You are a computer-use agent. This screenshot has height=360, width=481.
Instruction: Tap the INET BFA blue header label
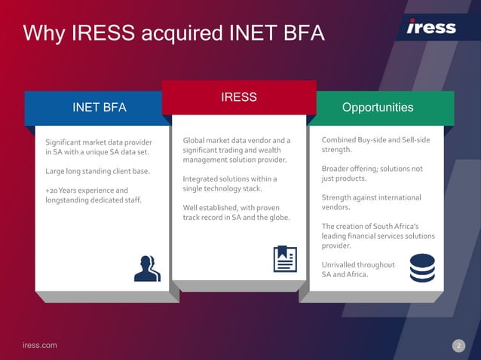[x=99, y=108]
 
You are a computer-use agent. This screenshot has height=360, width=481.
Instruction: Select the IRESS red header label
[x=239, y=97]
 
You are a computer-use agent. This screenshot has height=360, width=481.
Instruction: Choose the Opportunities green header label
[x=378, y=108]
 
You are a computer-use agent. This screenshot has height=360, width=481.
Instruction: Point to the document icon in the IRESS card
[x=284, y=258]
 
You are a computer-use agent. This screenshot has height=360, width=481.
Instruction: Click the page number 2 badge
[x=458, y=346]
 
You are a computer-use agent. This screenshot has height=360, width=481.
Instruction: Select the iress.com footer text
[x=39, y=345]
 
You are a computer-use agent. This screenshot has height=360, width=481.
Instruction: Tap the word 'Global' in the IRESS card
[x=195, y=141]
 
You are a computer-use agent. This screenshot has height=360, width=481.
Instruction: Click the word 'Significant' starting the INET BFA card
[x=66, y=142]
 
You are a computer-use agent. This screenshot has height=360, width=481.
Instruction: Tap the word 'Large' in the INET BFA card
[x=55, y=171]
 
